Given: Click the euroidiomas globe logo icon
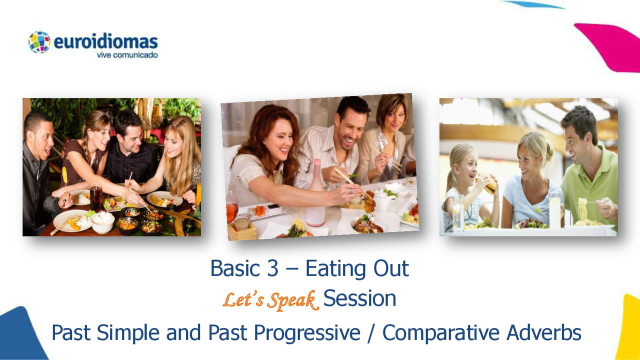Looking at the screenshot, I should tap(39, 42).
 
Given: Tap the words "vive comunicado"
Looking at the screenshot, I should tap(127, 55).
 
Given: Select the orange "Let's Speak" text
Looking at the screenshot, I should tap(270, 300).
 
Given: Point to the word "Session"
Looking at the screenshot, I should tap(359, 299).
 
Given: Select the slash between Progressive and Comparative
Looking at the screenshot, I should tap(370, 333).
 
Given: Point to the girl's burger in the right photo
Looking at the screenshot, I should tap(488, 184).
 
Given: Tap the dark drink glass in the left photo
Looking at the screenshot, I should tap(95, 198).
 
